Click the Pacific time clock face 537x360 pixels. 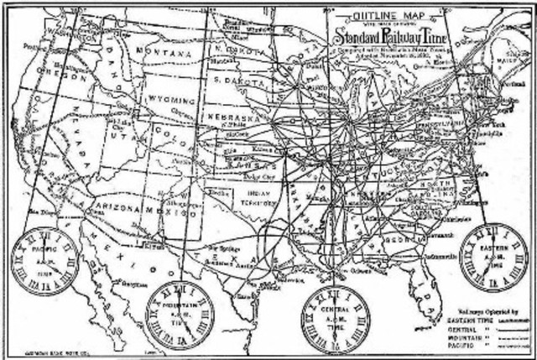click(44, 261)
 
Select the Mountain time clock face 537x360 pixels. click(180, 313)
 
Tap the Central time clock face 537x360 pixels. click(335, 317)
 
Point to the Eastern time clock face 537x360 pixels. click(494, 258)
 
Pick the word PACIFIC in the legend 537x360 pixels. click(457, 344)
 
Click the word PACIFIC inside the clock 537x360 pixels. click(43, 249)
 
